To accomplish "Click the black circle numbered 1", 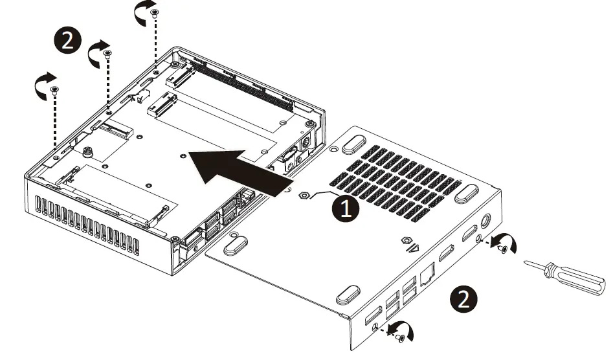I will click(x=345, y=209).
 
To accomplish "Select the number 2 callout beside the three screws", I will click(x=67, y=41).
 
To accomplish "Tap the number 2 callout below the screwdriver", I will click(x=465, y=299).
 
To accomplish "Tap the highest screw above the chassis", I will click(x=154, y=12).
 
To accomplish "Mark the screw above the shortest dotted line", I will click(x=154, y=12).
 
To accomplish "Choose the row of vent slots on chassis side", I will click(x=88, y=223).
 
